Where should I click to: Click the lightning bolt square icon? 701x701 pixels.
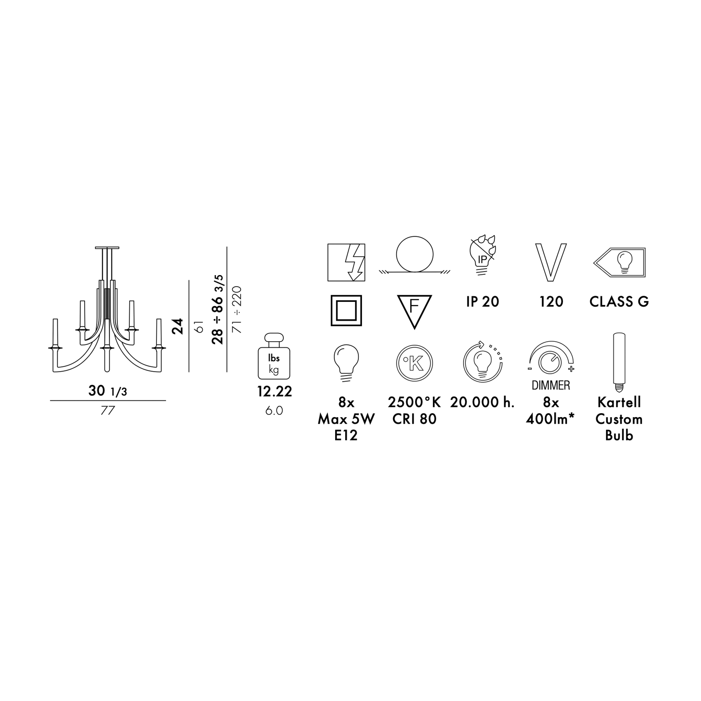point(346,262)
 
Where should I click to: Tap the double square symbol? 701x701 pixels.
point(346,311)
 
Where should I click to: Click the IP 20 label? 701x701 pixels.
point(482,302)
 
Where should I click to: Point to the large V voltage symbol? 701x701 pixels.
point(551,262)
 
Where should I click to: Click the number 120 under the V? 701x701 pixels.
point(551,302)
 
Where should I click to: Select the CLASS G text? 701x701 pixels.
point(619,302)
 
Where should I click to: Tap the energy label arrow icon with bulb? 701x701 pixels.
point(619,262)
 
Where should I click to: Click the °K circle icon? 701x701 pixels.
point(414,363)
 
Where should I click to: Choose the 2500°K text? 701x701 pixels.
point(414,402)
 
